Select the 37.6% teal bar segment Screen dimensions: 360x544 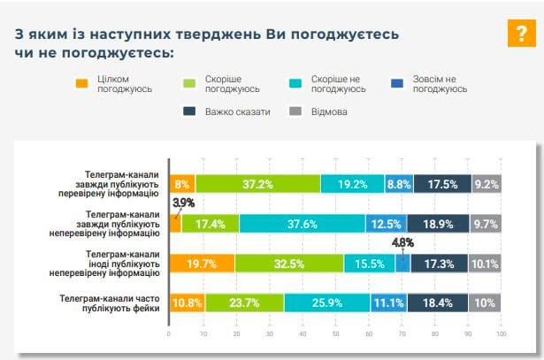303,224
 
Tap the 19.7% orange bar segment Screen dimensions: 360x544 202,264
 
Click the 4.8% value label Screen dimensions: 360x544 402,242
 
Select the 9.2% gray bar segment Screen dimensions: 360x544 487,184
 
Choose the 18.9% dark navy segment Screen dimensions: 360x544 437,224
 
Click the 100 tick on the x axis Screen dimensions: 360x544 501,334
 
